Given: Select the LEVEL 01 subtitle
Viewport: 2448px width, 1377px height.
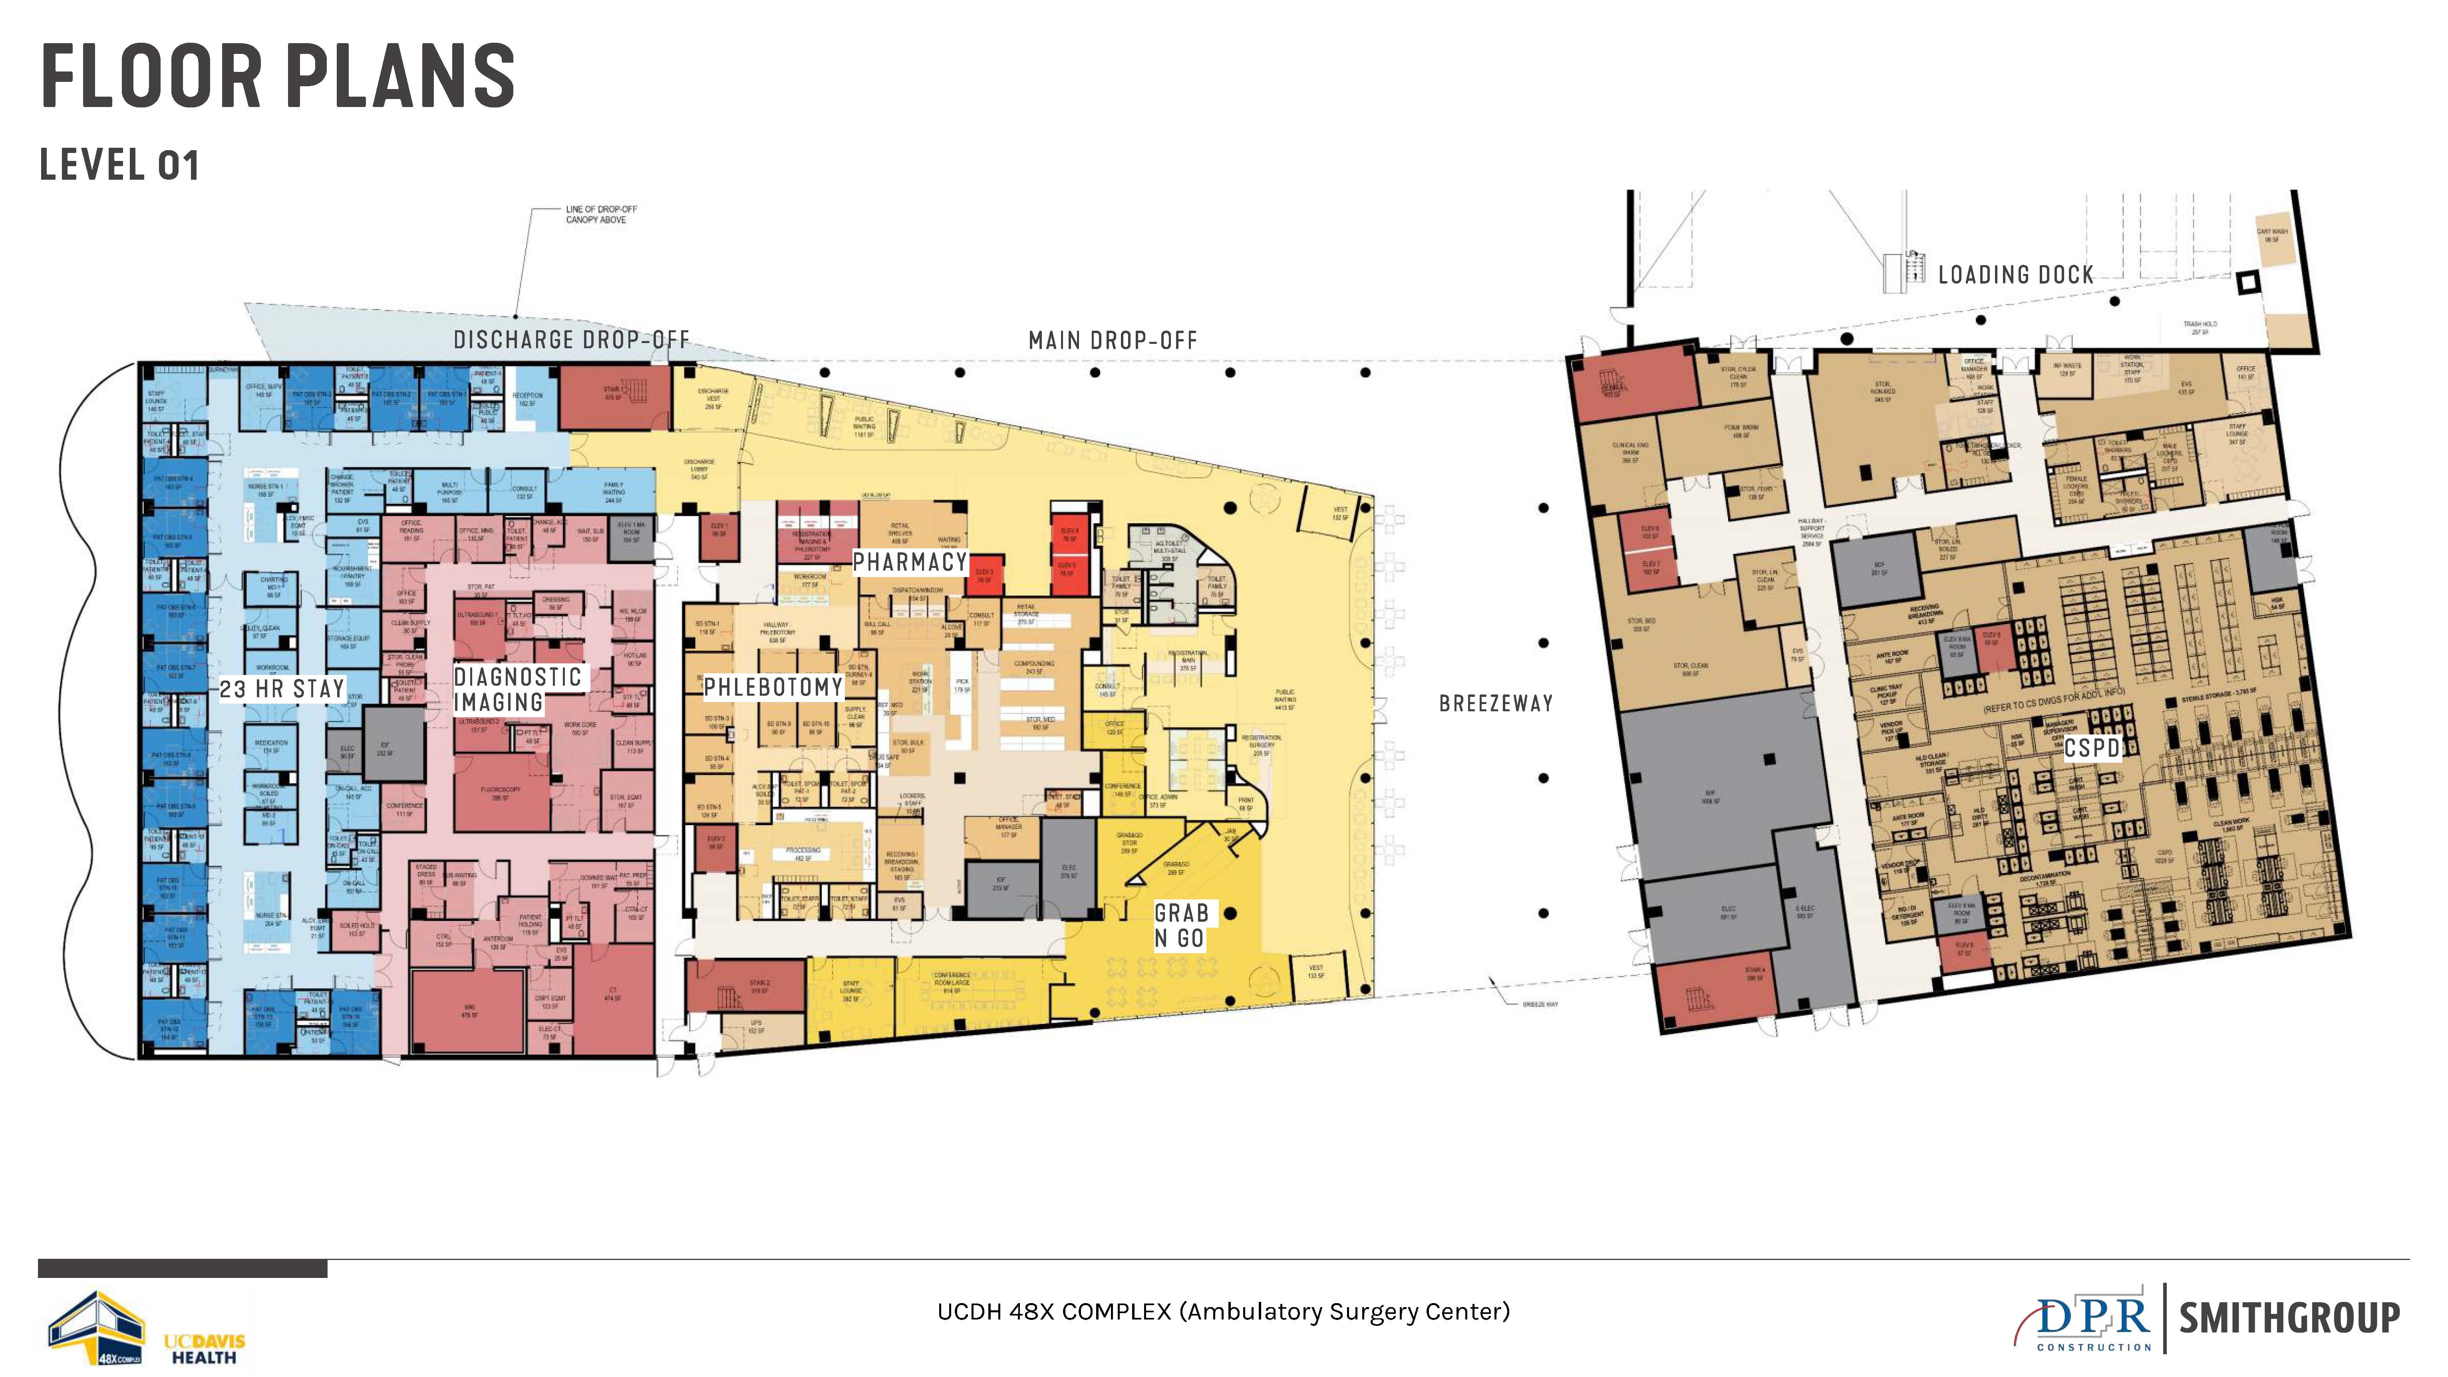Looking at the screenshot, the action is click(x=120, y=165).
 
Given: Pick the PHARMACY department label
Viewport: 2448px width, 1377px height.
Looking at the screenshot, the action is click(x=910, y=563).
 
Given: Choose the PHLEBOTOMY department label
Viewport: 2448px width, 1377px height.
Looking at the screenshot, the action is click(x=773, y=687).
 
